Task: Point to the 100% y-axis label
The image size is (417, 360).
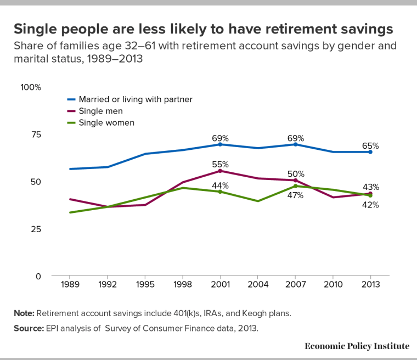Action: [x=31, y=87]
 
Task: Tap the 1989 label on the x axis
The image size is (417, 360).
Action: [x=69, y=286]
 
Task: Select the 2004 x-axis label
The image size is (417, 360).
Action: [x=258, y=286]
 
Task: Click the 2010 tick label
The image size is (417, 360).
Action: [x=333, y=286]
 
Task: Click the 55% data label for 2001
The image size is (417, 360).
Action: [x=220, y=164]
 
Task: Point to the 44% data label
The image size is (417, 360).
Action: [x=220, y=185]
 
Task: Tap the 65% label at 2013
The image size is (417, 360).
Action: [x=370, y=146]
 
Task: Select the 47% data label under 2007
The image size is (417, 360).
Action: [x=295, y=195]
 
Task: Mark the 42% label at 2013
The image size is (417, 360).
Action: [x=370, y=205]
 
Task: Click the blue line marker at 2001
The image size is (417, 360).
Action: [x=220, y=144]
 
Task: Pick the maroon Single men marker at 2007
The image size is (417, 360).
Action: [x=296, y=180]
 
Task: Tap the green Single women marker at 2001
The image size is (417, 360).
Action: [x=220, y=192]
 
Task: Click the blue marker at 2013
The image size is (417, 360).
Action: [x=370, y=152]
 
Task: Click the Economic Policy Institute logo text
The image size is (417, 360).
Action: [x=357, y=346]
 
